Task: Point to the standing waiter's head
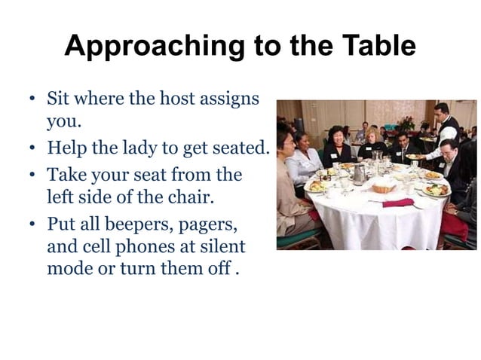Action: [442, 111]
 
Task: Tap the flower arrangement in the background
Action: [407, 122]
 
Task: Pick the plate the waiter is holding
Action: [415, 157]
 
